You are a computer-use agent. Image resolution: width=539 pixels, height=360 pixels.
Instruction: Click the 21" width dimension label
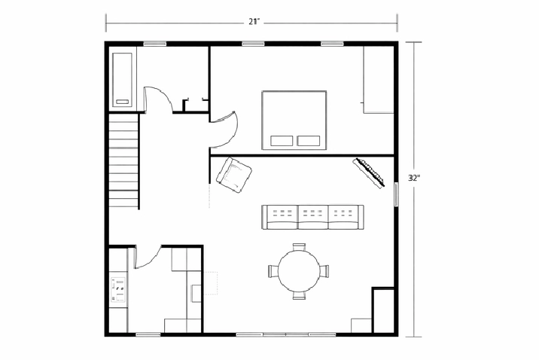coord(254,22)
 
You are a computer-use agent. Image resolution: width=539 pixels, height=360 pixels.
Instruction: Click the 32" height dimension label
coord(414,178)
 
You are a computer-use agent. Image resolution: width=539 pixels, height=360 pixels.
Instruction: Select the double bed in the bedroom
coord(294,120)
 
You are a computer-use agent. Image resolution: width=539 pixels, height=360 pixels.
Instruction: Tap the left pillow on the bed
coord(282,141)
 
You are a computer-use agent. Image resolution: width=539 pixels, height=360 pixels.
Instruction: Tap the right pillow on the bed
coord(309,141)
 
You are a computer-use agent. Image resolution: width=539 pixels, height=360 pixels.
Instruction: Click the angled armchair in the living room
coord(234,174)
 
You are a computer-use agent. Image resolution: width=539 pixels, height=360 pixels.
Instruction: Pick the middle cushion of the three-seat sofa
coord(313,217)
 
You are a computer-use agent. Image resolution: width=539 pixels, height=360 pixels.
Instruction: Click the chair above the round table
coord(299,247)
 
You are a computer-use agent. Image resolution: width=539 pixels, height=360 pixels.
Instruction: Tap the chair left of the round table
coord(273,271)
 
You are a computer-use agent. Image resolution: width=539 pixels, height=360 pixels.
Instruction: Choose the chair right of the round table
coord(324,271)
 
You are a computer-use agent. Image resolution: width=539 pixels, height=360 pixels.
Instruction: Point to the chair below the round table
coord(299,295)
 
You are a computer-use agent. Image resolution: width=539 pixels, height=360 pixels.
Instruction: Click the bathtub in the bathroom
coord(123,79)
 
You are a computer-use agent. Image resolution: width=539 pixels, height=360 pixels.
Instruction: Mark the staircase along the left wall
coord(123,160)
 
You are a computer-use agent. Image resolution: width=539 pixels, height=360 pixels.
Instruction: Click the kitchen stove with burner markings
coord(118,289)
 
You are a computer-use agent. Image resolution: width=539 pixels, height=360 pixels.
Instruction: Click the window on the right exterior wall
coord(396,194)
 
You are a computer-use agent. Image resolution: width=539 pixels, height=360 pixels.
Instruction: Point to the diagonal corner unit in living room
coord(369,172)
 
